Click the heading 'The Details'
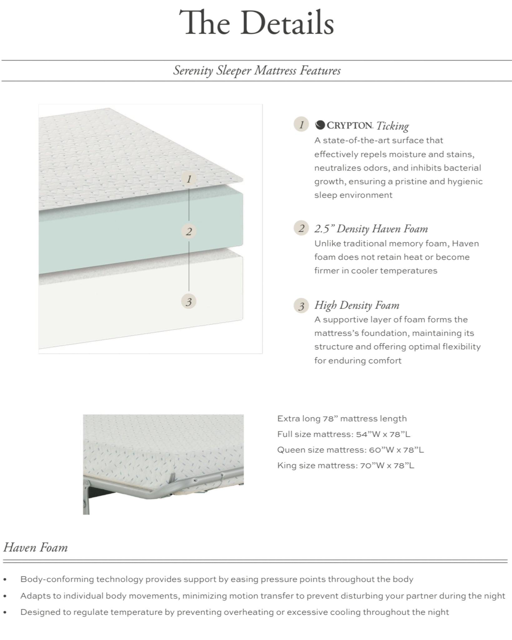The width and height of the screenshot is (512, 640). coord(256,23)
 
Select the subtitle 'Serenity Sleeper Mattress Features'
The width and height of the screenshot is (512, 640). coord(257,71)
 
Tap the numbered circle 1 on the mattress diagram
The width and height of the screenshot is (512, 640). coord(189,179)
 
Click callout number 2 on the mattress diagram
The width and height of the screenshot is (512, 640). coord(189,232)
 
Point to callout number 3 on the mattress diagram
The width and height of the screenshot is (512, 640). coord(189,302)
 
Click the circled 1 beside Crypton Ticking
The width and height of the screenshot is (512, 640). coord(301,125)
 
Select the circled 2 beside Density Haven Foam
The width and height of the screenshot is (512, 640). coord(301,228)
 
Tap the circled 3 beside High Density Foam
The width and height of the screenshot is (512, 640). coord(301,306)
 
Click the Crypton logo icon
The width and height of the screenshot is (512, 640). coord(320,125)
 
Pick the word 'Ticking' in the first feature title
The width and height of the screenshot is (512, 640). coord(392,126)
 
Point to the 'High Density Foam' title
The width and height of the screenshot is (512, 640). coord(357,305)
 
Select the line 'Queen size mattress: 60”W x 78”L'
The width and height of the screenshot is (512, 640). coord(350,450)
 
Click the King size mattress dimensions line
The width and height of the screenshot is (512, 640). coord(345,465)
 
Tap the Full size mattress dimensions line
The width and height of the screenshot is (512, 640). coord(344,434)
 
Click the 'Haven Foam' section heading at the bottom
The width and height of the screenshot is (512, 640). coord(35,547)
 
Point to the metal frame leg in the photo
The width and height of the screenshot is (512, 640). coord(86,500)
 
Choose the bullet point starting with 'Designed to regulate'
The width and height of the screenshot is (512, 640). coord(234,612)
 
